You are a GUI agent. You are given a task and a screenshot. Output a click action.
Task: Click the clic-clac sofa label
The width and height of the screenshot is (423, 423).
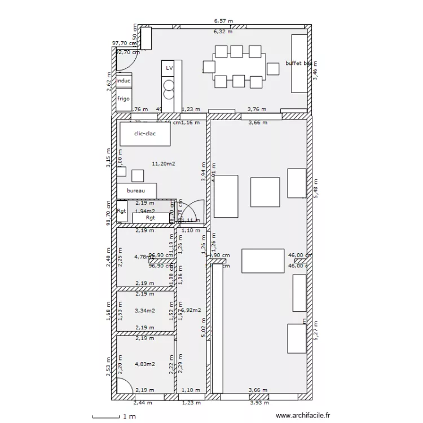(x=144, y=134)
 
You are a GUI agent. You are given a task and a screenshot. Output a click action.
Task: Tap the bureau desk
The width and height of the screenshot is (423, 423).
(x=136, y=191)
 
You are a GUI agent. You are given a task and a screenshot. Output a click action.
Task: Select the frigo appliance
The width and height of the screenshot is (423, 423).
(x=124, y=99)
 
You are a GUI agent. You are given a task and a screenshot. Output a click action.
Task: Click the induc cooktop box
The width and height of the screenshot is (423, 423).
(x=124, y=81)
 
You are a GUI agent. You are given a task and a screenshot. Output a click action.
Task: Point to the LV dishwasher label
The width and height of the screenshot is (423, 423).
(x=169, y=68)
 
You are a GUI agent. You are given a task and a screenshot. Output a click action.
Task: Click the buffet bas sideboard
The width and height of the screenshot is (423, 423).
(x=298, y=63)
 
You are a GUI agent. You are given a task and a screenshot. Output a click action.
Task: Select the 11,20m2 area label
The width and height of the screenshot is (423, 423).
(x=164, y=164)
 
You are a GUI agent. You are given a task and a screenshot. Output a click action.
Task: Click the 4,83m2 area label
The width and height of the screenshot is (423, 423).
(x=145, y=364)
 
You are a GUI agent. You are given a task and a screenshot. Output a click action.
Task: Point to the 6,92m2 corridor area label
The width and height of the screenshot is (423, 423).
(x=193, y=310)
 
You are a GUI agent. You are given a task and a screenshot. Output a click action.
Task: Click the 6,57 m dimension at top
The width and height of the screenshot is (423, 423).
(x=223, y=21)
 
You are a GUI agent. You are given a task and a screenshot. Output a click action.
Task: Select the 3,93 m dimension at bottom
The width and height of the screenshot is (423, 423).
(x=259, y=403)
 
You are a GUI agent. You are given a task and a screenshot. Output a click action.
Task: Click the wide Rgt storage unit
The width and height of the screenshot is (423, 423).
(x=151, y=218)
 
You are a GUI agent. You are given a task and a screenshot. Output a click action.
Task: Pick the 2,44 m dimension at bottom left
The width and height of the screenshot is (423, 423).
(x=142, y=403)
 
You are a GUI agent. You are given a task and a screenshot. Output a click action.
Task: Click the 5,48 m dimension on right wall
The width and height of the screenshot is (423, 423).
(x=316, y=188)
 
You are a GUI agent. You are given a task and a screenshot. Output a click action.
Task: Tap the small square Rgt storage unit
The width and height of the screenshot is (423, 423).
(x=122, y=211)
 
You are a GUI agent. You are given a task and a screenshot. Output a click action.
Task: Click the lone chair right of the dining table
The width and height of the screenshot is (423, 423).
(x=273, y=69)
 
